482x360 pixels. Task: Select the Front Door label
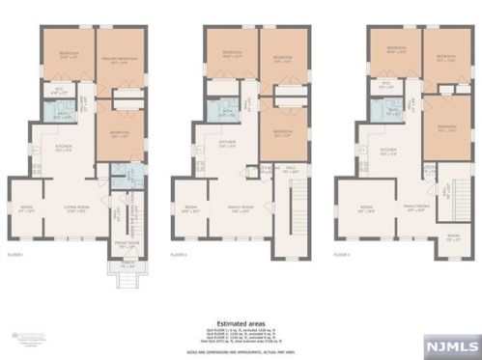coord(128,244)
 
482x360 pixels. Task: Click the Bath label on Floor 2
coord(228,112)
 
